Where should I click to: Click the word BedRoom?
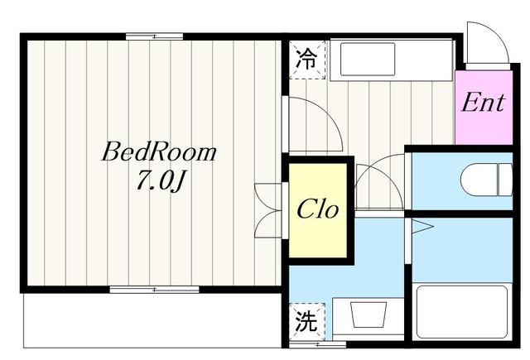(x=159, y=152)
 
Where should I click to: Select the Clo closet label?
(x=317, y=209)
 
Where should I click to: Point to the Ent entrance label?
(x=483, y=103)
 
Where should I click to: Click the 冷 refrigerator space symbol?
(x=307, y=60)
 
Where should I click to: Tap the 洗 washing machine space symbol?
(x=307, y=321)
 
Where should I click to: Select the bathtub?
(x=462, y=312)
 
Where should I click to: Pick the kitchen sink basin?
(x=368, y=59)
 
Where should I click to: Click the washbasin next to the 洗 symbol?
(x=369, y=314)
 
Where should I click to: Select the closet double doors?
(x=267, y=211)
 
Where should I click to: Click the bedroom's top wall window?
(x=155, y=36)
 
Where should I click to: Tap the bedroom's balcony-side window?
(x=155, y=290)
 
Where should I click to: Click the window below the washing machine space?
(x=318, y=344)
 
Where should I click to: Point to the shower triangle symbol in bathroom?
(x=422, y=227)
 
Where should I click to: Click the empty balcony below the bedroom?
(x=152, y=320)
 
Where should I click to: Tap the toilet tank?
(x=505, y=180)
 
